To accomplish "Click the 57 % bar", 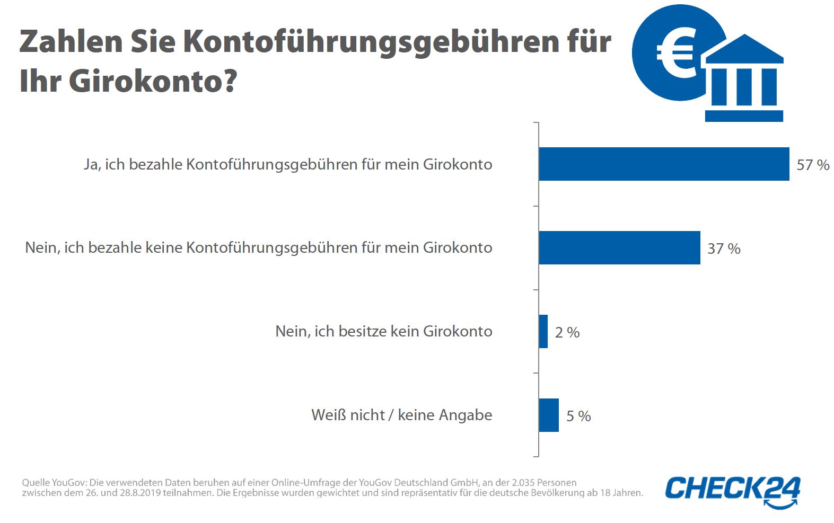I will coord(664,164).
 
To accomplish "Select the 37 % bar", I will coord(619,247).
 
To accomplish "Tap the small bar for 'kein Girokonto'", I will coord(543,331).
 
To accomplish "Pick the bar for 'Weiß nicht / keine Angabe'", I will coord(549,415).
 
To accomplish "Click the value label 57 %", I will coord(813,165).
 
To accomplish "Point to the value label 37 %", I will coord(724,249).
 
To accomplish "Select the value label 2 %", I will coord(567,332).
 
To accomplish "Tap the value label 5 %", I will coord(578,416).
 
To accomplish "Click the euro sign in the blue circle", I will coord(674,52).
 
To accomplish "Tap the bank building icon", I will coord(744,79).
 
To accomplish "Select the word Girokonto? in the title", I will coord(153,81).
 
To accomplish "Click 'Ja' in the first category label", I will coord(91,165).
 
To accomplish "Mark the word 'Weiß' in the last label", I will coord(328,415).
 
